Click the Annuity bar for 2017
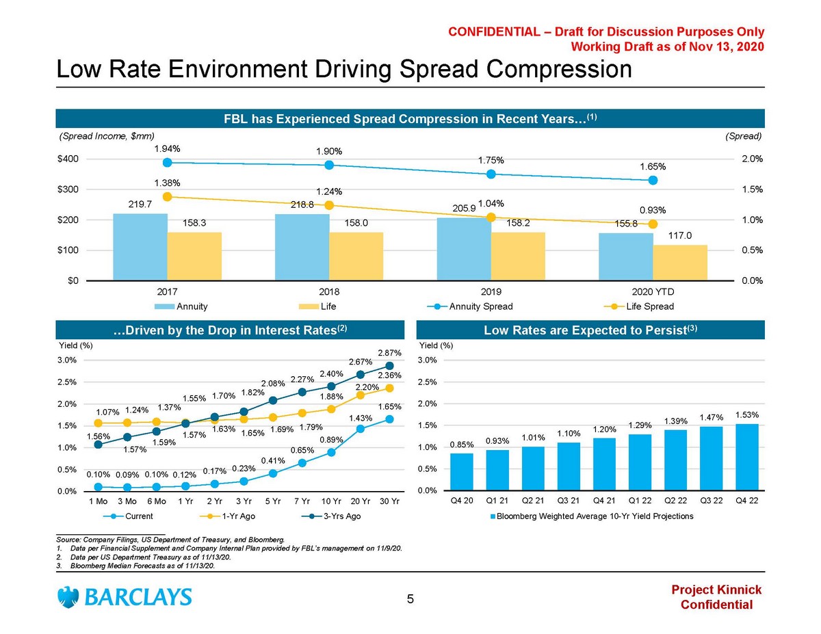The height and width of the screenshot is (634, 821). point(140,247)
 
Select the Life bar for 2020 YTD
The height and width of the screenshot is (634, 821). point(680,263)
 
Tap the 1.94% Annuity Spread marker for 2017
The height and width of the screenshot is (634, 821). point(167,162)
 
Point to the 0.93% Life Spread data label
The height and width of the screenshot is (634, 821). point(653,210)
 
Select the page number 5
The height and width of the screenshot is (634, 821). point(410,600)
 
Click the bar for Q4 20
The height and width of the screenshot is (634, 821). point(462,472)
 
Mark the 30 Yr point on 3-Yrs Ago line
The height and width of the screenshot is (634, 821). point(389,365)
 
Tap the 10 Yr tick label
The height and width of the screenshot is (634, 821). point(331,501)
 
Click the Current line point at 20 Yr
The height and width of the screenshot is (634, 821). point(361,429)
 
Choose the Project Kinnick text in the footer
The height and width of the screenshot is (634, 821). point(716,590)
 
